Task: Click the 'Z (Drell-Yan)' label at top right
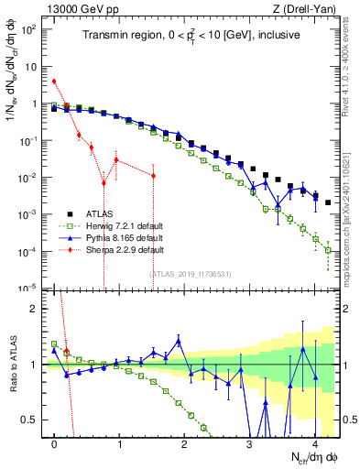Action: [x=309, y=8]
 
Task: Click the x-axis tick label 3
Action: [x=249, y=444]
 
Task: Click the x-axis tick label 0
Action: [x=55, y=444]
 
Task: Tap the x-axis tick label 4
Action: [x=314, y=444]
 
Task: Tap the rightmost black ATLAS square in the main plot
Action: [x=328, y=202]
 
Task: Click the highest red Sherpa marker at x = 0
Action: [x=55, y=81]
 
